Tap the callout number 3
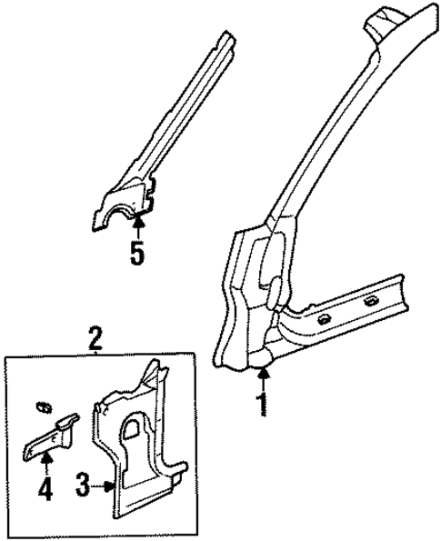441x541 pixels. point(81,487)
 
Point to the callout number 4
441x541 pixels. point(45,491)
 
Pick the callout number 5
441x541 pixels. point(137,252)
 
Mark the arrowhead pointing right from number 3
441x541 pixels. point(108,487)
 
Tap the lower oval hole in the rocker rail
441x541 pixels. point(323,320)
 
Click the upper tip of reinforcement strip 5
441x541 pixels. point(221,38)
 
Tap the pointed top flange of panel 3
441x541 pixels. point(151,370)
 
